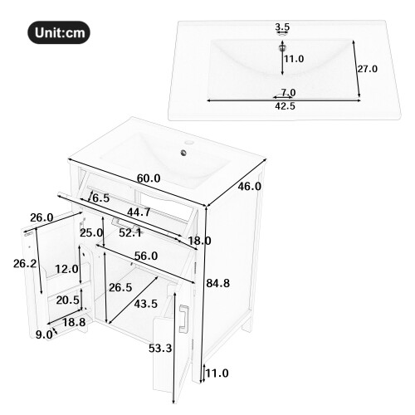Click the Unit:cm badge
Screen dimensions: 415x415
coord(59,32)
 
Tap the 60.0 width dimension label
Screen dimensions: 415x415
coord(149,178)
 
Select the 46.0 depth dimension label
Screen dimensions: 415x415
coord(249,187)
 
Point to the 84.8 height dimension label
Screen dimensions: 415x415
coord(218,283)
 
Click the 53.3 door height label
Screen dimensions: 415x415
coord(160,348)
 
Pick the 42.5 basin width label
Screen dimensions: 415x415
coord(285,106)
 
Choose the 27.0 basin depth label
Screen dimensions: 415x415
coord(368,69)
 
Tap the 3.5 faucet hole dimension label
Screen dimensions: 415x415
coord(282,27)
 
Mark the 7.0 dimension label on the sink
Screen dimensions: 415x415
coord(289,92)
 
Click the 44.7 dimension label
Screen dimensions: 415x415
coord(139,212)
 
